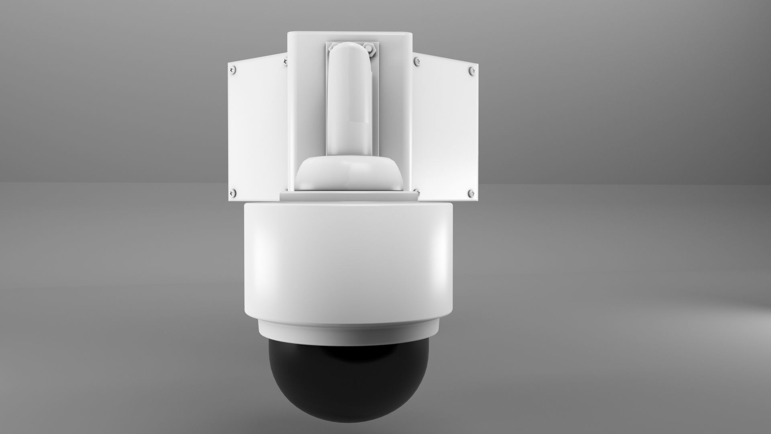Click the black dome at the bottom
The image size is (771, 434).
[x=349, y=382]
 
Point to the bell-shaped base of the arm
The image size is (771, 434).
[x=349, y=173]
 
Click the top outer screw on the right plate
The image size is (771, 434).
[x=472, y=71]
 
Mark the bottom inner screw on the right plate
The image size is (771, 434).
[x=416, y=192]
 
